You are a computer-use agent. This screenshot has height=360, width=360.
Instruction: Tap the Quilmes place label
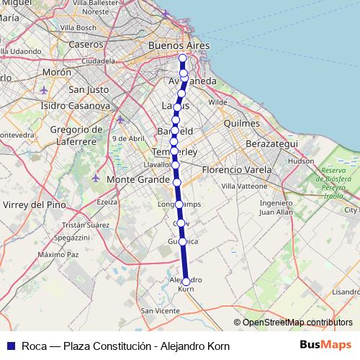241,123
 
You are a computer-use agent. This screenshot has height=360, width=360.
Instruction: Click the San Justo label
87,90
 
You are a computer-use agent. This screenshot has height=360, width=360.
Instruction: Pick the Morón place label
57,73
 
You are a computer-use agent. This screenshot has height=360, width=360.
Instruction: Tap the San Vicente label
160,310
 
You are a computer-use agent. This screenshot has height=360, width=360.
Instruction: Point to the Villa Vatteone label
243,186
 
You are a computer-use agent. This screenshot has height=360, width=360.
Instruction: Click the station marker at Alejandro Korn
186,282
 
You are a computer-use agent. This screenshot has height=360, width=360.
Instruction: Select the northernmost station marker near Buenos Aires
182,58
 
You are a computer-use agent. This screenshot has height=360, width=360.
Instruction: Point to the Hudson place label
300,162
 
